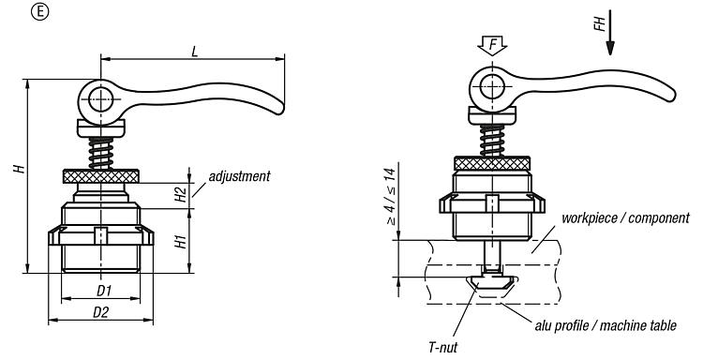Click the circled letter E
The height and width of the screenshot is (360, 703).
tap(40, 12)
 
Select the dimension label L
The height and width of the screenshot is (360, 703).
tap(194, 52)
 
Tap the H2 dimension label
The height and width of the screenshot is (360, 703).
tap(180, 194)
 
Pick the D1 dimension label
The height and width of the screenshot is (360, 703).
tap(103, 291)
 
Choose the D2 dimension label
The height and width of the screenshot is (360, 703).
tap(101, 313)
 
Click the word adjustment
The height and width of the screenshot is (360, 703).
tap(239, 176)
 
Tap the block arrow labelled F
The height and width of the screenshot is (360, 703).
tap(492, 46)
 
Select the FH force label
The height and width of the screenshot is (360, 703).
tap(600, 23)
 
